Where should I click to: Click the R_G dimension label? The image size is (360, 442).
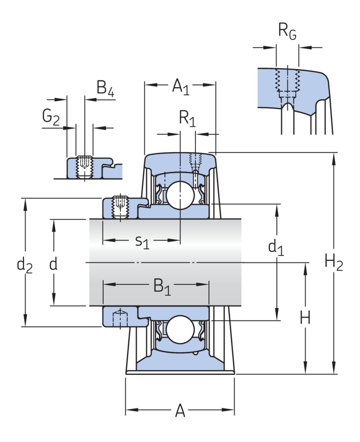(x=287, y=32)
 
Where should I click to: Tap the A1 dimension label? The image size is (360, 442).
(x=180, y=86)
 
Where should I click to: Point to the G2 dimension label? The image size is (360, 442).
(x=51, y=117)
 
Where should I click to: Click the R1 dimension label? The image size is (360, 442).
(x=187, y=119)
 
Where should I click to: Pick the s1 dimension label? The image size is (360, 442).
(x=142, y=241)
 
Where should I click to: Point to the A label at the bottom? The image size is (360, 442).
(x=180, y=410)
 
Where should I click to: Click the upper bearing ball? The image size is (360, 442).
(x=180, y=194)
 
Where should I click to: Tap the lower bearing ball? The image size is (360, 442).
(x=180, y=329)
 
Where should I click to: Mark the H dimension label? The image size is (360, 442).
(x=305, y=318)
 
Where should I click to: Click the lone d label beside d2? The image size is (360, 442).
(x=53, y=265)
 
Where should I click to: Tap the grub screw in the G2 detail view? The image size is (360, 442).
(x=85, y=166)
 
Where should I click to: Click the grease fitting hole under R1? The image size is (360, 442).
(x=195, y=164)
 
